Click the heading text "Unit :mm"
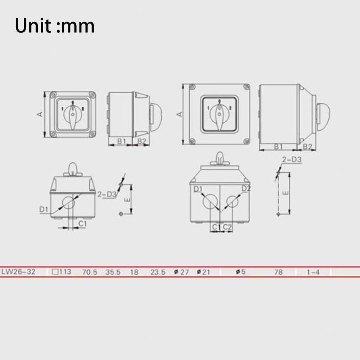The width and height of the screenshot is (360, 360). point(55,26)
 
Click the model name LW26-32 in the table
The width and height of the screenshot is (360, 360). point(18,272)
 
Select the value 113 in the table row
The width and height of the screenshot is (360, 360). point(62,272)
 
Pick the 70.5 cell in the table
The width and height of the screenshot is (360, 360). point(90,272)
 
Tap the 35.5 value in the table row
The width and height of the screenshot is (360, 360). point(113,272)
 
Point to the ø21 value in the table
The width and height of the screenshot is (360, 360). point(203,272)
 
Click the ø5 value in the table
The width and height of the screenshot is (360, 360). point(240,272)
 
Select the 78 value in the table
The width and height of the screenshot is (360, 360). point(279,272)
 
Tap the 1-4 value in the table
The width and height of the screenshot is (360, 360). point(313,272)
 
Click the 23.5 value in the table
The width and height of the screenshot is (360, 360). point(158,272)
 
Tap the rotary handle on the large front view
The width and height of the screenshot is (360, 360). point(219,114)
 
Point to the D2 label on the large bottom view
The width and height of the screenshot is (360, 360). point(246,188)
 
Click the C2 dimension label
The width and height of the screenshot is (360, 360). point(228,227)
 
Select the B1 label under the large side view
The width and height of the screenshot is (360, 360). point(278,147)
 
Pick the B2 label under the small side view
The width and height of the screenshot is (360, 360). point(141,141)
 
